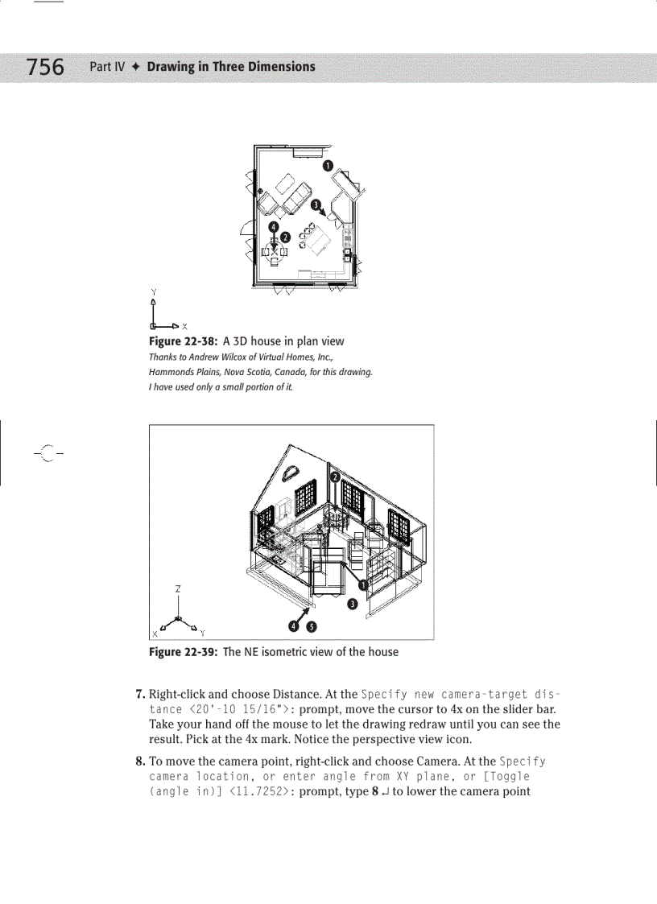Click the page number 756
point(46,67)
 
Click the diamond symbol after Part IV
point(137,67)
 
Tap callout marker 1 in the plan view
point(328,165)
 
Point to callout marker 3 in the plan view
point(316,205)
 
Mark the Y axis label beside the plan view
point(153,291)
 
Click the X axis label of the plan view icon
point(184,326)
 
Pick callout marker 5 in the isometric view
point(311,626)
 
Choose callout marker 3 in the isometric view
point(352,604)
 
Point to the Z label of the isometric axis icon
point(178,588)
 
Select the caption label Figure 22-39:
point(183,652)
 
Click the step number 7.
point(140,694)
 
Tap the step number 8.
point(140,762)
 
